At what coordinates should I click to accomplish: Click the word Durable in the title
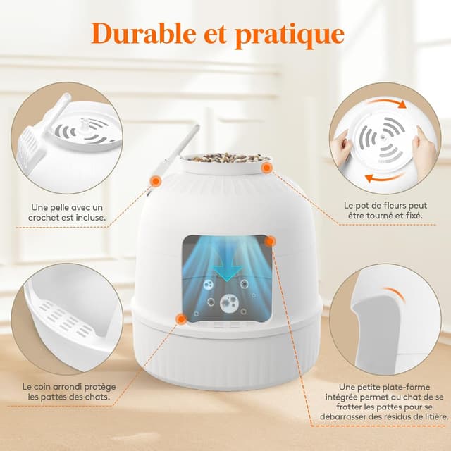tap(144, 34)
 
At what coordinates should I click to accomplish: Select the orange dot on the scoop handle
tap(156, 180)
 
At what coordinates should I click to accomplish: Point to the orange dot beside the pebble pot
tap(267, 168)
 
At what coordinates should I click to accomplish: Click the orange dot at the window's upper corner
tap(271, 241)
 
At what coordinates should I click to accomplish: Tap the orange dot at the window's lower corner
tap(181, 319)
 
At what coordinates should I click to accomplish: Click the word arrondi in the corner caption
tap(66, 387)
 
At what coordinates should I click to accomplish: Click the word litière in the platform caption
tap(435, 416)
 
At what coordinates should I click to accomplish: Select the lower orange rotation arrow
tap(385, 177)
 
